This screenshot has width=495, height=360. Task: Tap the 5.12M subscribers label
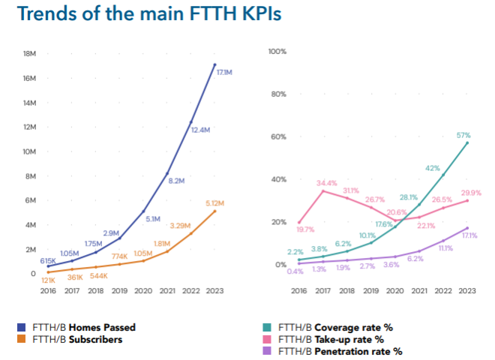(x=214, y=203)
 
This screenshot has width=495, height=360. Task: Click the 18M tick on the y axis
(x=30, y=54)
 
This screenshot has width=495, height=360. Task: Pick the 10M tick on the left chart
(x=29, y=151)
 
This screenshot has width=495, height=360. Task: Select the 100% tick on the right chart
(x=278, y=52)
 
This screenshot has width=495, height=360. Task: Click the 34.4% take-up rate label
(x=326, y=183)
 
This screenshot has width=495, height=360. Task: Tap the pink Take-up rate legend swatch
(x=267, y=339)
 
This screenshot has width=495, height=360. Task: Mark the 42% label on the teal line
(x=432, y=169)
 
